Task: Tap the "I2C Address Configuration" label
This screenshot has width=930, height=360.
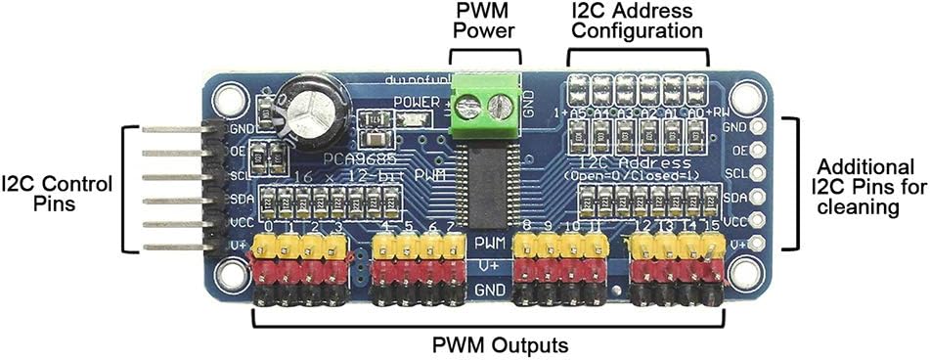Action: pyautogui.click(x=638, y=21)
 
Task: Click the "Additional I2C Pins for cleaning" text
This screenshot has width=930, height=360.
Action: pyautogui.click(x=864, y=186)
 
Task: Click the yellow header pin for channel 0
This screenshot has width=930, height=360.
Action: pyautogui.click(x=263, y=246)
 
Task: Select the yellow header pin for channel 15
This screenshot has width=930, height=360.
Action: pyautogui.click(x=711, y=246)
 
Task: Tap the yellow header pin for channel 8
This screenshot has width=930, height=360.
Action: pyautogui.click(x=526, y=246)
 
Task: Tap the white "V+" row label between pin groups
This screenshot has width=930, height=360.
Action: pyautogui.click(x=486, y=264)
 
